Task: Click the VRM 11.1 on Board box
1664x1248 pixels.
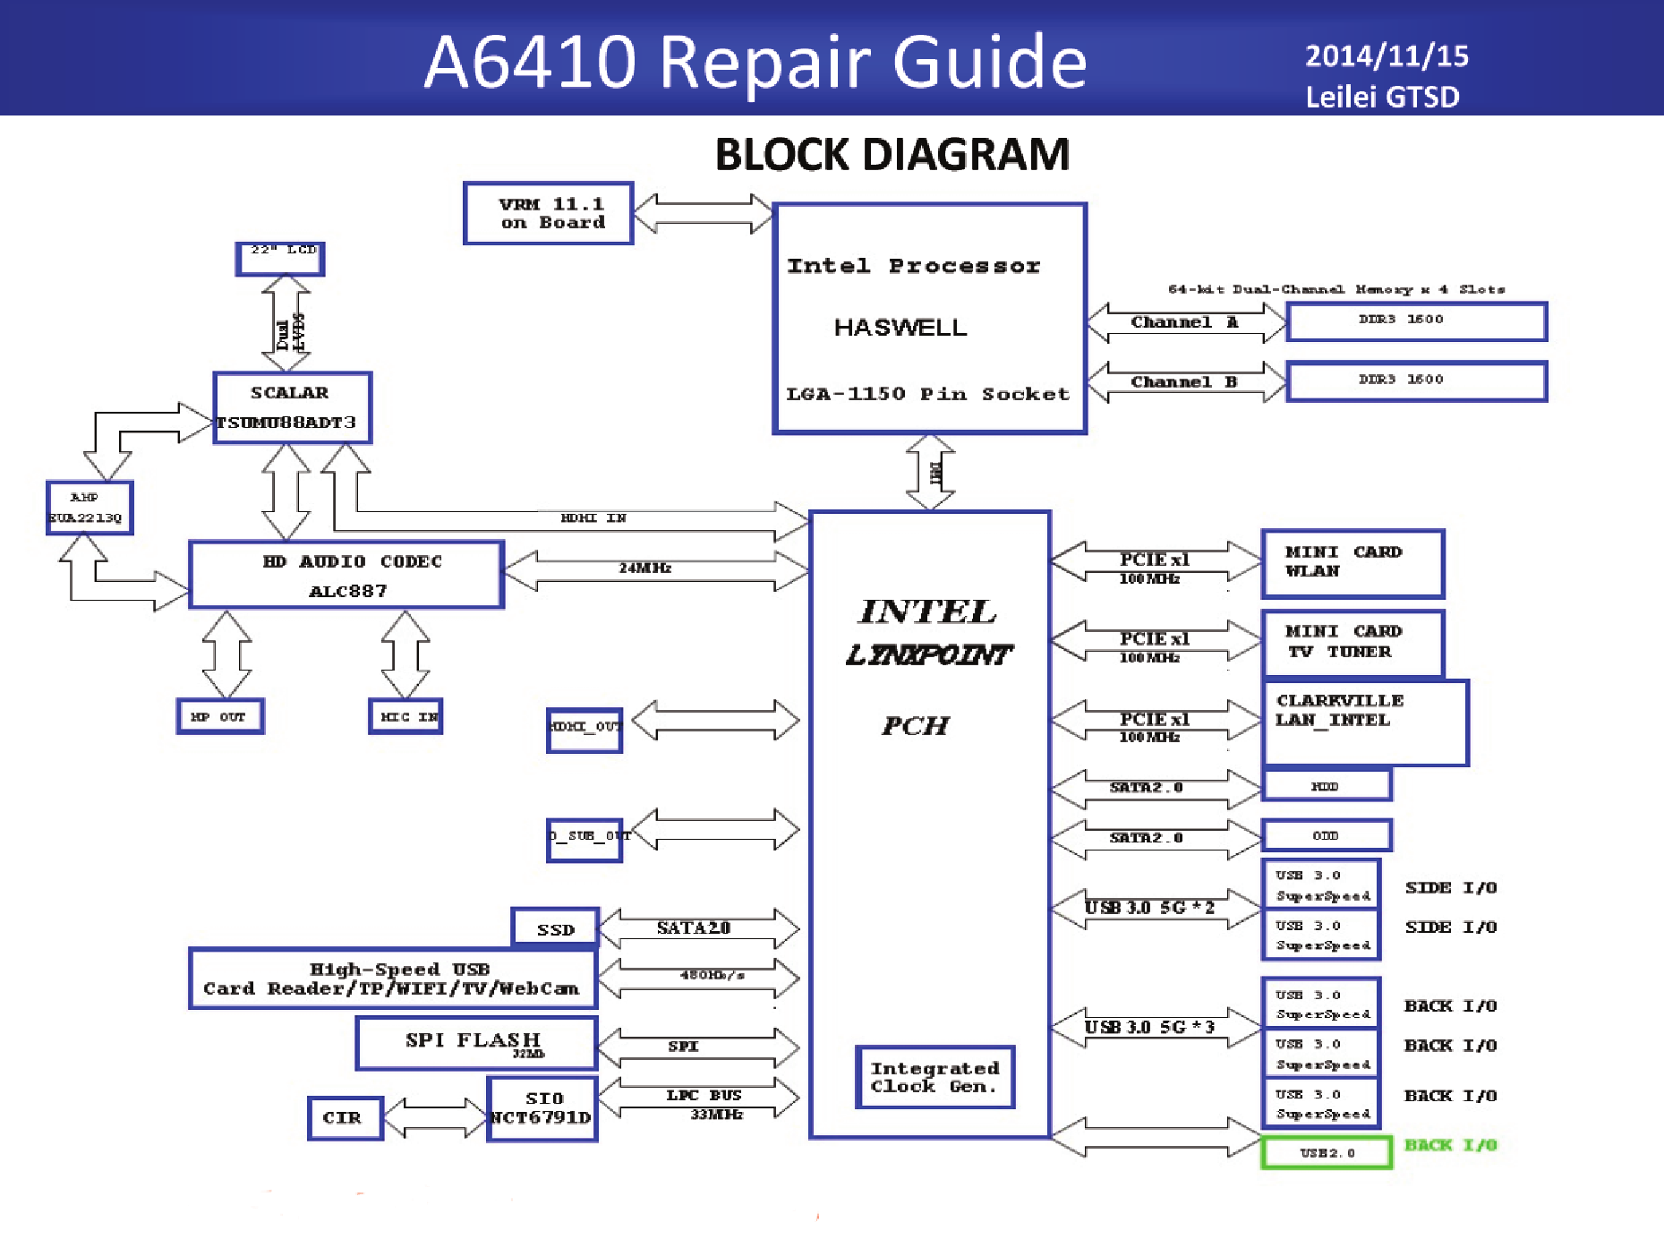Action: pyautogui.click(x=549, y=213)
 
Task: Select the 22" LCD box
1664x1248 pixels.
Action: pyautogui.click(x=280, y=258)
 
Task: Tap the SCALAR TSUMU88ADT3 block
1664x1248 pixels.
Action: pyautogui.click(x=293, y=407)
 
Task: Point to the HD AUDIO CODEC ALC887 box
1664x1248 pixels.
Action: pyautogui.click(x=346, y=575)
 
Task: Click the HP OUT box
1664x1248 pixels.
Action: pyautogui.click(x=220, y=716)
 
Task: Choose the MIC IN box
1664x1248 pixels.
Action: pyautogui.click(x=405, y=716)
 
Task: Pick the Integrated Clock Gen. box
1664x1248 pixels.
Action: pyautogui.click(x=934, y=1077)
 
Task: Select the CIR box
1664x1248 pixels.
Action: pyautogui.click(x=346, y=1118)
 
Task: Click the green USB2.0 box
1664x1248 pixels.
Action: pyautogui.click(x=1327, y=1153)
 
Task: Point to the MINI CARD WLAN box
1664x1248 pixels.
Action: pyautogui.click(x=1352, y=563)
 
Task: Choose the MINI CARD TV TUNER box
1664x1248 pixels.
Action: pyautogui.click(x=1352, y=643)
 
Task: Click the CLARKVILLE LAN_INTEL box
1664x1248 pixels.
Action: pyautogui.click(x=1365, y=722)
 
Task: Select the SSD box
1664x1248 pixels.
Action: pyautogui.click(x=555, y=928)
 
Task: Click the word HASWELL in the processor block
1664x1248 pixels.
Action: pyautogui.click(x=900, y=328)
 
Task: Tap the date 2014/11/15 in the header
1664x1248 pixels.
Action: pyautogui.click(x=1387, y=56)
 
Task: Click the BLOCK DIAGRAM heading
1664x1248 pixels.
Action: pyautogui.click(x=892, y=155)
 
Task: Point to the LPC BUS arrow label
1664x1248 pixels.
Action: pyautogui.click(x=704, y=1095)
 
